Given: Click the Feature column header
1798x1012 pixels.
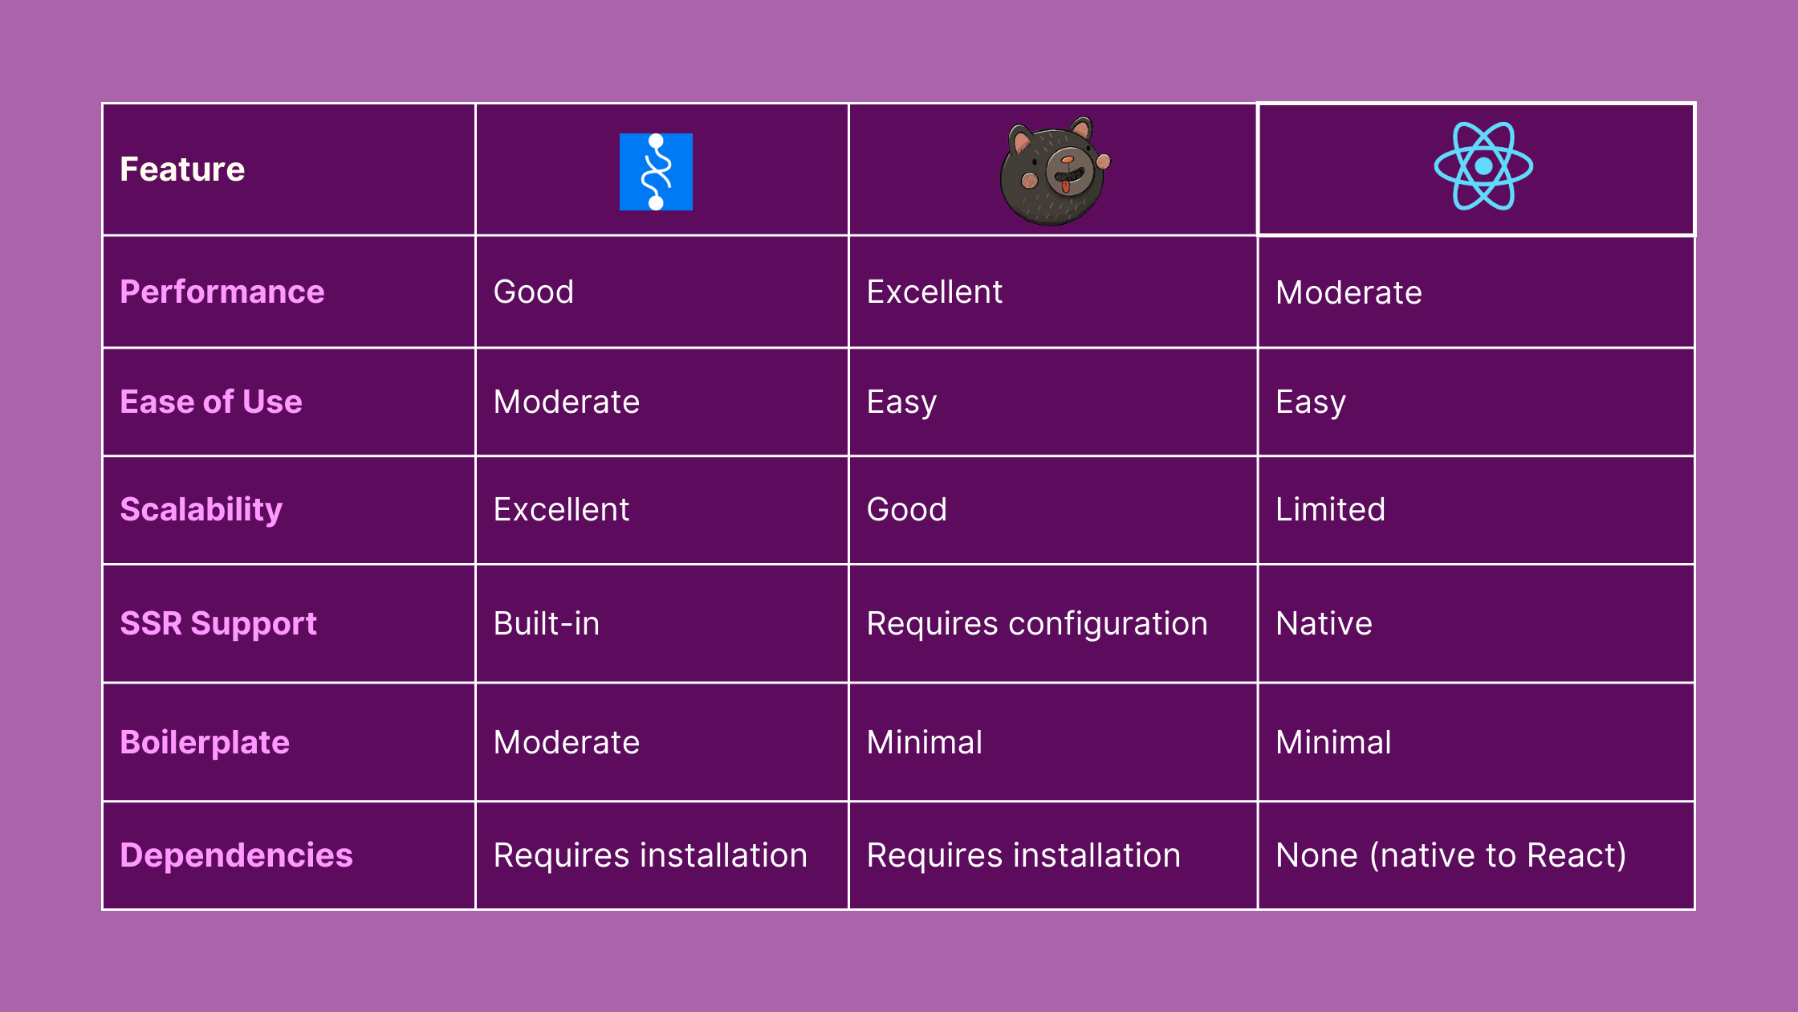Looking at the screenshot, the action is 182,169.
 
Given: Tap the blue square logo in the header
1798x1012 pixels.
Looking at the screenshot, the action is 656,172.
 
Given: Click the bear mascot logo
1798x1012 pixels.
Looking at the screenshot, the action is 1055,171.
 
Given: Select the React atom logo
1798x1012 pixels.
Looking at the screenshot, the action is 1483,166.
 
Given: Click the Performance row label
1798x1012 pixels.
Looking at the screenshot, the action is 222,292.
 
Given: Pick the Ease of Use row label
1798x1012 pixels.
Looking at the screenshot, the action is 211,402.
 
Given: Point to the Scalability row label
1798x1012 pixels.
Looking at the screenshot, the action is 201,510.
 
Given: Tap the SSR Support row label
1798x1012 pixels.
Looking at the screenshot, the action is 218,624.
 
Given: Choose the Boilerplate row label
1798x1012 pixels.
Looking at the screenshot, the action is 205,743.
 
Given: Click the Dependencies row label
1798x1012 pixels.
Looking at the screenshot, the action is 237,855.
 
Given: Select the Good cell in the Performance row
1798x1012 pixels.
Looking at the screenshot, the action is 534,292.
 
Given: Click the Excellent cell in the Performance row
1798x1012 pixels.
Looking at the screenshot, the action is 934,292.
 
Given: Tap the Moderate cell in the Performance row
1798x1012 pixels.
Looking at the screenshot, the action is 1348,292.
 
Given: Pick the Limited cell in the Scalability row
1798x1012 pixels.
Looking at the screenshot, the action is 1330,509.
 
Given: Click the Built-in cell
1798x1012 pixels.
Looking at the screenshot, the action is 547,623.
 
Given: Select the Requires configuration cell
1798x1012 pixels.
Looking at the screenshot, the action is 1037,624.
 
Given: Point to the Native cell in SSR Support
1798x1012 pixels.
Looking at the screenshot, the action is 1324,623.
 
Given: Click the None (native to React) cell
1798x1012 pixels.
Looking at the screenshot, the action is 1451,855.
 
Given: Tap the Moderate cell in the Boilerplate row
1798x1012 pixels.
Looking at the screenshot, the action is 567,742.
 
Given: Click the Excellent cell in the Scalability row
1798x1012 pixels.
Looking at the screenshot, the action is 561,509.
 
